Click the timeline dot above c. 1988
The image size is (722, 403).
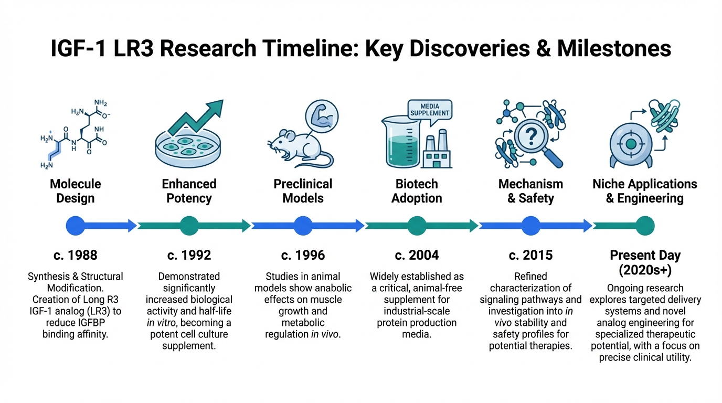76,226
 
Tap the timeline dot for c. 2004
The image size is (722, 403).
417,226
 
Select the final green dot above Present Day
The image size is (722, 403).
645,226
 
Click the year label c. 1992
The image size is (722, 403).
189,256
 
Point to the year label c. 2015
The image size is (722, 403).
530,256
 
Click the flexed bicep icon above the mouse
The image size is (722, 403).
322,116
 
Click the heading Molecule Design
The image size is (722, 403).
76,191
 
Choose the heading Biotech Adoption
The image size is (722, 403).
417,191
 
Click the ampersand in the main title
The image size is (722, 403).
544,49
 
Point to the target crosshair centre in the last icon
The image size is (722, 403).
631,144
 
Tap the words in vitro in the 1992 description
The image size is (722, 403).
162,323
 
